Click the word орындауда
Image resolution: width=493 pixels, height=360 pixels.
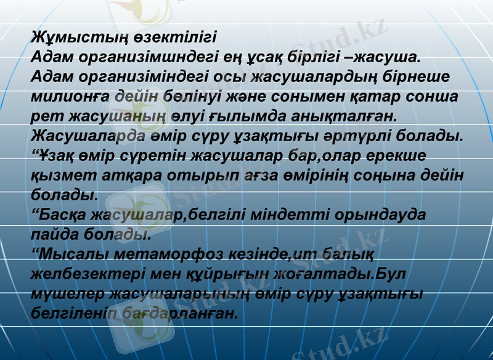[382, 215]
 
